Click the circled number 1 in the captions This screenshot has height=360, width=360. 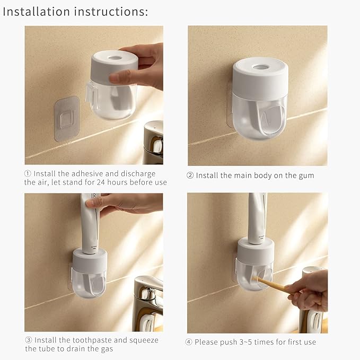coord(28,174)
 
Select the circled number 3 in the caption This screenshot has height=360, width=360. coord(28,340)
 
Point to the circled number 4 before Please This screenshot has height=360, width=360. coord(189,342)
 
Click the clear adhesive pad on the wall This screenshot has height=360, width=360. coord(67,118)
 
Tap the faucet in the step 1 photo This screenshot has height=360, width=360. coord(153,141)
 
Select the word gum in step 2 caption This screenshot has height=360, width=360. coord(305,175)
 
